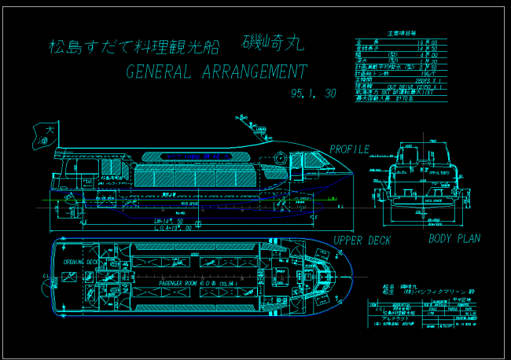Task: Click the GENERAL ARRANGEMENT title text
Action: pyautogui.click(x=216, y=72)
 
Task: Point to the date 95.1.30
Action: pyautogui.click(x=313, y=94)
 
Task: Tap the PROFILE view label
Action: pyautogui.click(x=349, y=149)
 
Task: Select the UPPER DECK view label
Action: pyautogui.click(x=362, y=241)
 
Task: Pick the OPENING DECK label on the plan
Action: pyautogui.click(x=80, y=261)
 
